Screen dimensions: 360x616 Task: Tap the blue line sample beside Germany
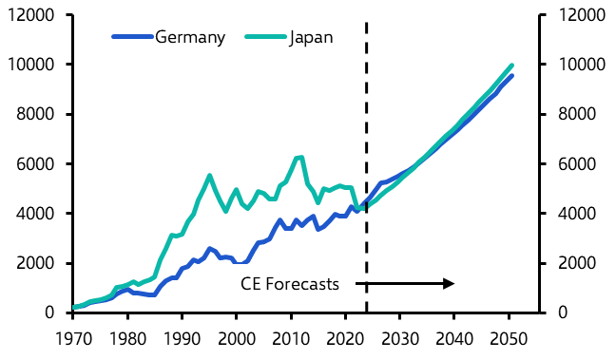click(132, 37)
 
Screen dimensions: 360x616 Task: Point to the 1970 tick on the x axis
click(73, 334)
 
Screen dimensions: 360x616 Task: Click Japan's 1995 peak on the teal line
click(209, 176)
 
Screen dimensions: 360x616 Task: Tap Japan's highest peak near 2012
click(301, 157)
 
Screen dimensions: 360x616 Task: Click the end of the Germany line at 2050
click(512, 76)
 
